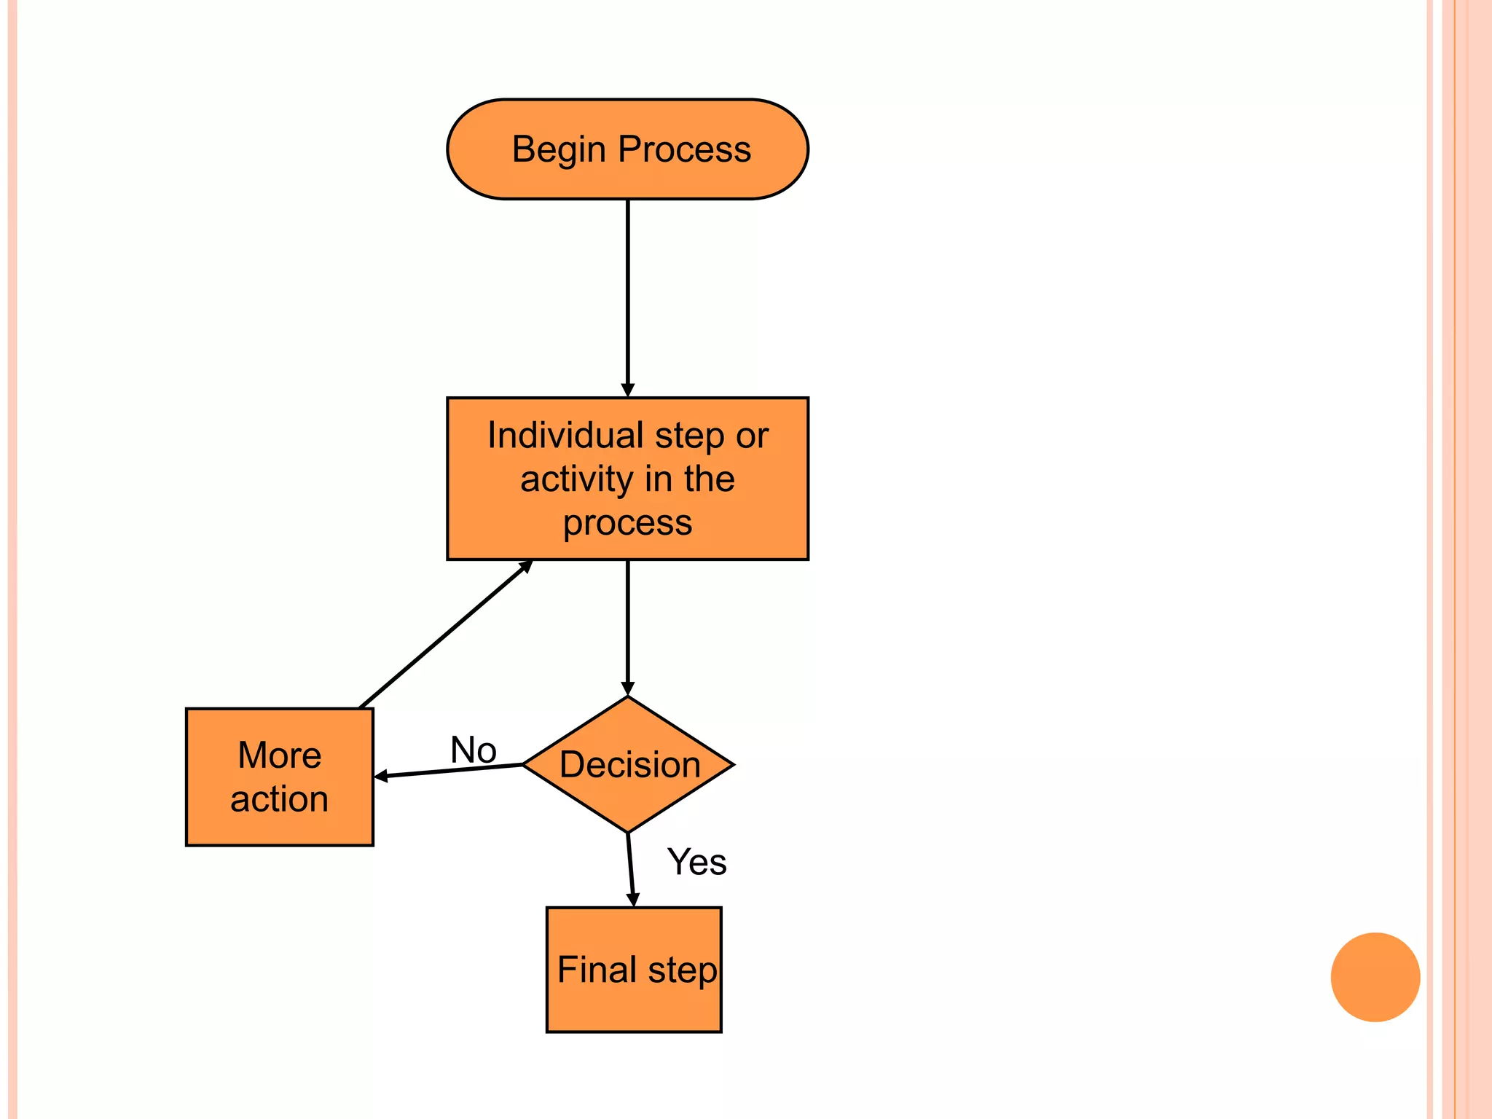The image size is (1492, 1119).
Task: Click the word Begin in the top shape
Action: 559,150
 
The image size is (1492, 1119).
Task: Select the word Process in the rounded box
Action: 684,149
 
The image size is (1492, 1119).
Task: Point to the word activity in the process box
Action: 576,480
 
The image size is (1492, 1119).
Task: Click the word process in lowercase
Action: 627,524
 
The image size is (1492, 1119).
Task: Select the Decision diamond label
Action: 629,765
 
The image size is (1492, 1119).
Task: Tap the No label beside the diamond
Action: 474,750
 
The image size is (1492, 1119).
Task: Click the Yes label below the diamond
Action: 696,862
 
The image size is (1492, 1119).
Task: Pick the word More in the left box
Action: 279,755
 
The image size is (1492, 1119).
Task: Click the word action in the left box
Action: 279,799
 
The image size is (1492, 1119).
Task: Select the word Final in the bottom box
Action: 597,970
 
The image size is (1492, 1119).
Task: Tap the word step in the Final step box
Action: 683,971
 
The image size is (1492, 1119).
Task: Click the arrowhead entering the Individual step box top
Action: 627,390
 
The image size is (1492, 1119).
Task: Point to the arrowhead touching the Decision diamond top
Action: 627,688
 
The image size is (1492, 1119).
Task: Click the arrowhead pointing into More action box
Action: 381,777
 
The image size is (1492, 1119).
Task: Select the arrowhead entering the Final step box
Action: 632,900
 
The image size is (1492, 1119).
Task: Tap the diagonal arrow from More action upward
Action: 444,635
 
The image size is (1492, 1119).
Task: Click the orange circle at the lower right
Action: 1375,977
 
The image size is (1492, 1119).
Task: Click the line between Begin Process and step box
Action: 627,291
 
